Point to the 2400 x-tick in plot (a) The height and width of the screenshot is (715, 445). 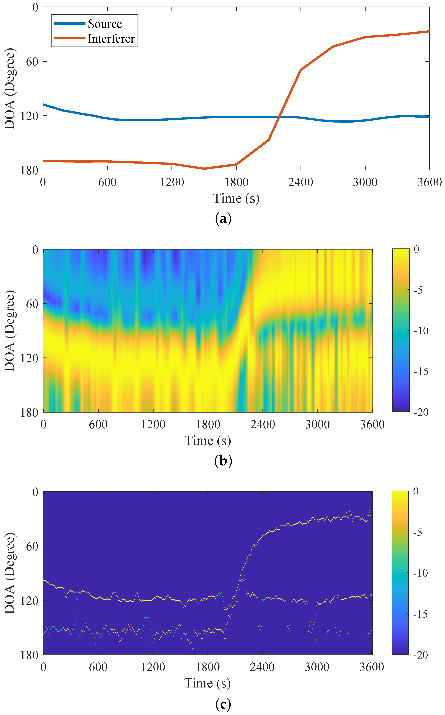pos(301,182)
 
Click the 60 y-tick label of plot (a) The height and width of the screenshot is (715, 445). pos(32,61)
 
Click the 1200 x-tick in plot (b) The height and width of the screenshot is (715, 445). pos(153,425)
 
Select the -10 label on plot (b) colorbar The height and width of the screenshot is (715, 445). pos(421,331)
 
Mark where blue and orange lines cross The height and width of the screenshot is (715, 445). pos(279,117)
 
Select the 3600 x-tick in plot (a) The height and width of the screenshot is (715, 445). pos(429,182)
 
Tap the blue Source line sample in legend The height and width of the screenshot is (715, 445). pos(69,23)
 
